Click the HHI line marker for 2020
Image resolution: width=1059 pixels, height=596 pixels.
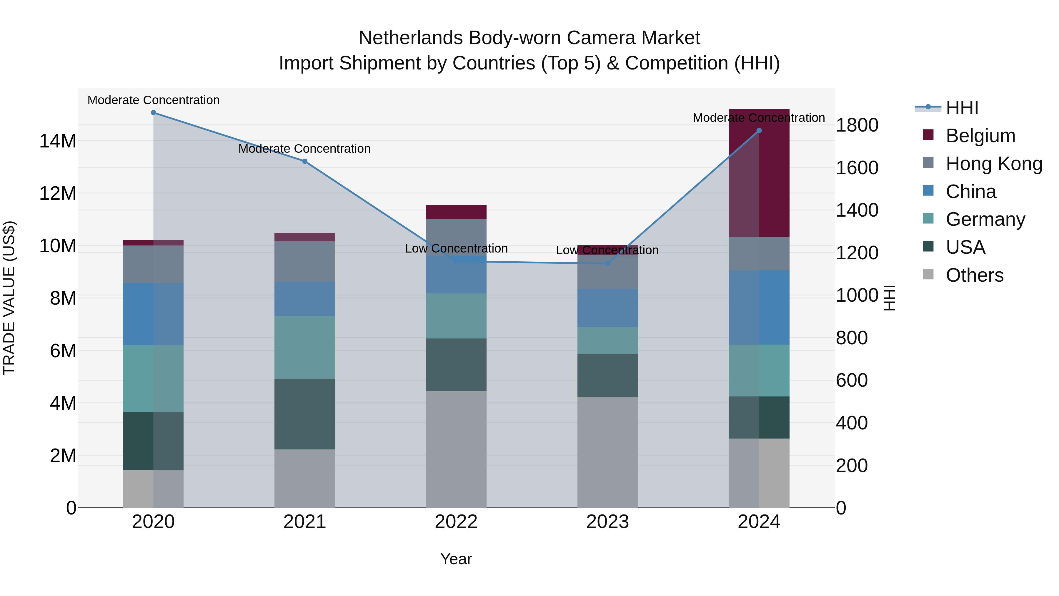153,113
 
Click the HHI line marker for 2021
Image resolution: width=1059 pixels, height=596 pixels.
305,161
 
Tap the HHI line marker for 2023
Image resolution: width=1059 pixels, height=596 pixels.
608,263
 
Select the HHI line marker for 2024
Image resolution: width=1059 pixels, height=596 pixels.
759,131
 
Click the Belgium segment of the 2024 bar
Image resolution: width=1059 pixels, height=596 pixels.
759,173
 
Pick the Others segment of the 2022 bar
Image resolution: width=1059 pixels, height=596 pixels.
456,449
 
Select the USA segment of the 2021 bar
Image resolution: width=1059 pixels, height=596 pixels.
305,414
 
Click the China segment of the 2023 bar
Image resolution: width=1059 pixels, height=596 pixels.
608,308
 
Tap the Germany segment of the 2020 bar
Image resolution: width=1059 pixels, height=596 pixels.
153,378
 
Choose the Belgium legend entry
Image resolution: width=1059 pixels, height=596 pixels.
980,136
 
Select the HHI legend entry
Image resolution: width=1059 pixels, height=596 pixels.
962,108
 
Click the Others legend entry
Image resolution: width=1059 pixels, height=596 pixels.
974,275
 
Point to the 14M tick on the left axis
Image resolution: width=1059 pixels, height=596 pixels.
58,141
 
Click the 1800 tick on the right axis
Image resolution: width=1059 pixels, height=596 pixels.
857,125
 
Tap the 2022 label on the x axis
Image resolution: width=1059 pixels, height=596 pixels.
456,522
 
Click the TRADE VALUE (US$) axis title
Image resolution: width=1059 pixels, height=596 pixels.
9,298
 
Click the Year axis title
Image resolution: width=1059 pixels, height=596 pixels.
456,559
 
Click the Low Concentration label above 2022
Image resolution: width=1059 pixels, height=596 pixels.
456,248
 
